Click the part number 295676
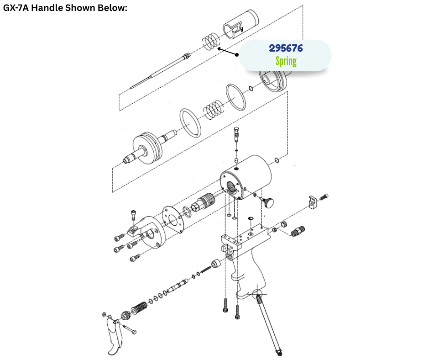(x=286, y=48)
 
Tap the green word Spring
(x=286, y=61)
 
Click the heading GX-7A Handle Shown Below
(x=65, y=8)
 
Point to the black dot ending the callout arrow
(x=237, y=54)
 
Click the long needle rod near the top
(x=160, y=71)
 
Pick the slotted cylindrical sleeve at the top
(x=241, y=24)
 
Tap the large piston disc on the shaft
(x=147, y=148)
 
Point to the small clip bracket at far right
(x=313, y=202)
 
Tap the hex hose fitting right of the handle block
(x=298, y=231)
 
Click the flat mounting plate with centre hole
(x=173, y=220)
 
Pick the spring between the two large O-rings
(x=214, y=109)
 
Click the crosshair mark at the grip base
(x=257, y=295)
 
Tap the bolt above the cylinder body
(x=237, y=134)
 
